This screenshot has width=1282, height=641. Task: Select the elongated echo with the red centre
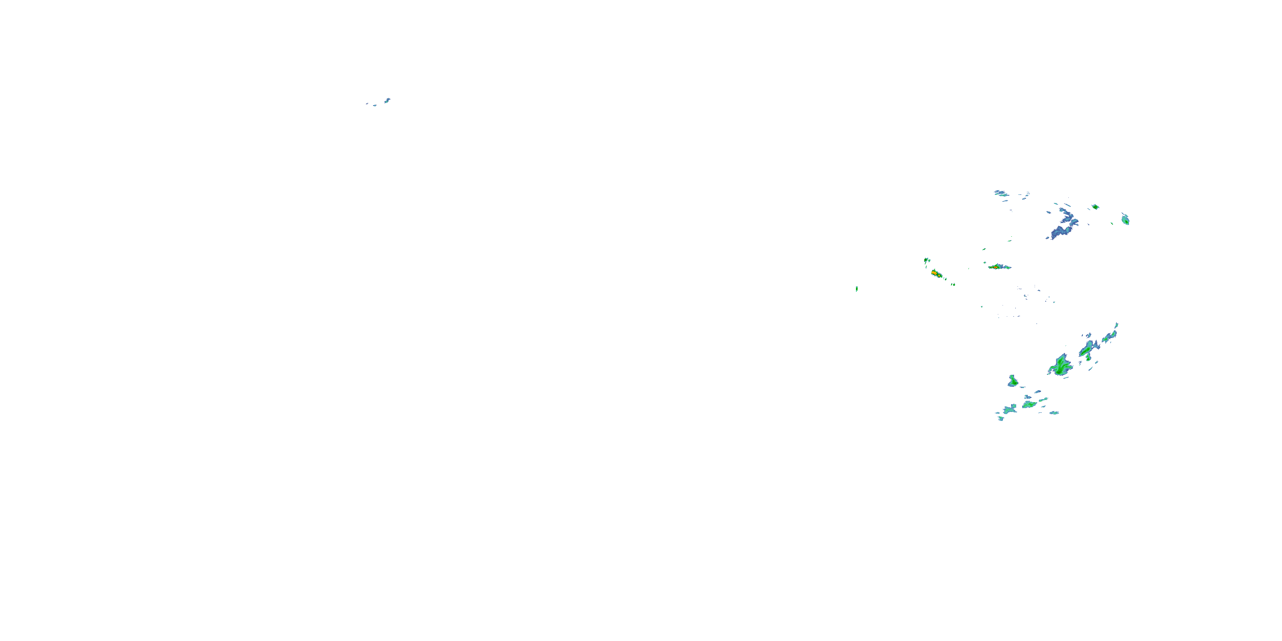point(997,267)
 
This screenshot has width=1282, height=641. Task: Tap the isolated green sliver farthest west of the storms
point(856,288)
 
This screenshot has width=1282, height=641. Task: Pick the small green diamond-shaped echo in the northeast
point(1095,206)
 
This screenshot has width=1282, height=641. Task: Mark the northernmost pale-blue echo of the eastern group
point(1000,193)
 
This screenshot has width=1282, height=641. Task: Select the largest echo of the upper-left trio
point(387,100)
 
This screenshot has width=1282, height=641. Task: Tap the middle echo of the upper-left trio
point(375,105)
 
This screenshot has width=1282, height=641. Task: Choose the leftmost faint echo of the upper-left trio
point(367,103)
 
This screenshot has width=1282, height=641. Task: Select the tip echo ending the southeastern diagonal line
point(1116,326)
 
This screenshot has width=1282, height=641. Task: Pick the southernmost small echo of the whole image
point(1000,418)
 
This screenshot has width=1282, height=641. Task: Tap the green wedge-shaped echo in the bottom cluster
point(1029,405)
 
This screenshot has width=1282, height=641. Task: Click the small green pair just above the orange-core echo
point(926,260)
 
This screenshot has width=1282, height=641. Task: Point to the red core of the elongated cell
point(995,267)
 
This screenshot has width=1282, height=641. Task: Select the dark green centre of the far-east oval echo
point(1126,220)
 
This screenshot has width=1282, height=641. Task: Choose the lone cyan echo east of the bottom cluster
point(1053,412)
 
